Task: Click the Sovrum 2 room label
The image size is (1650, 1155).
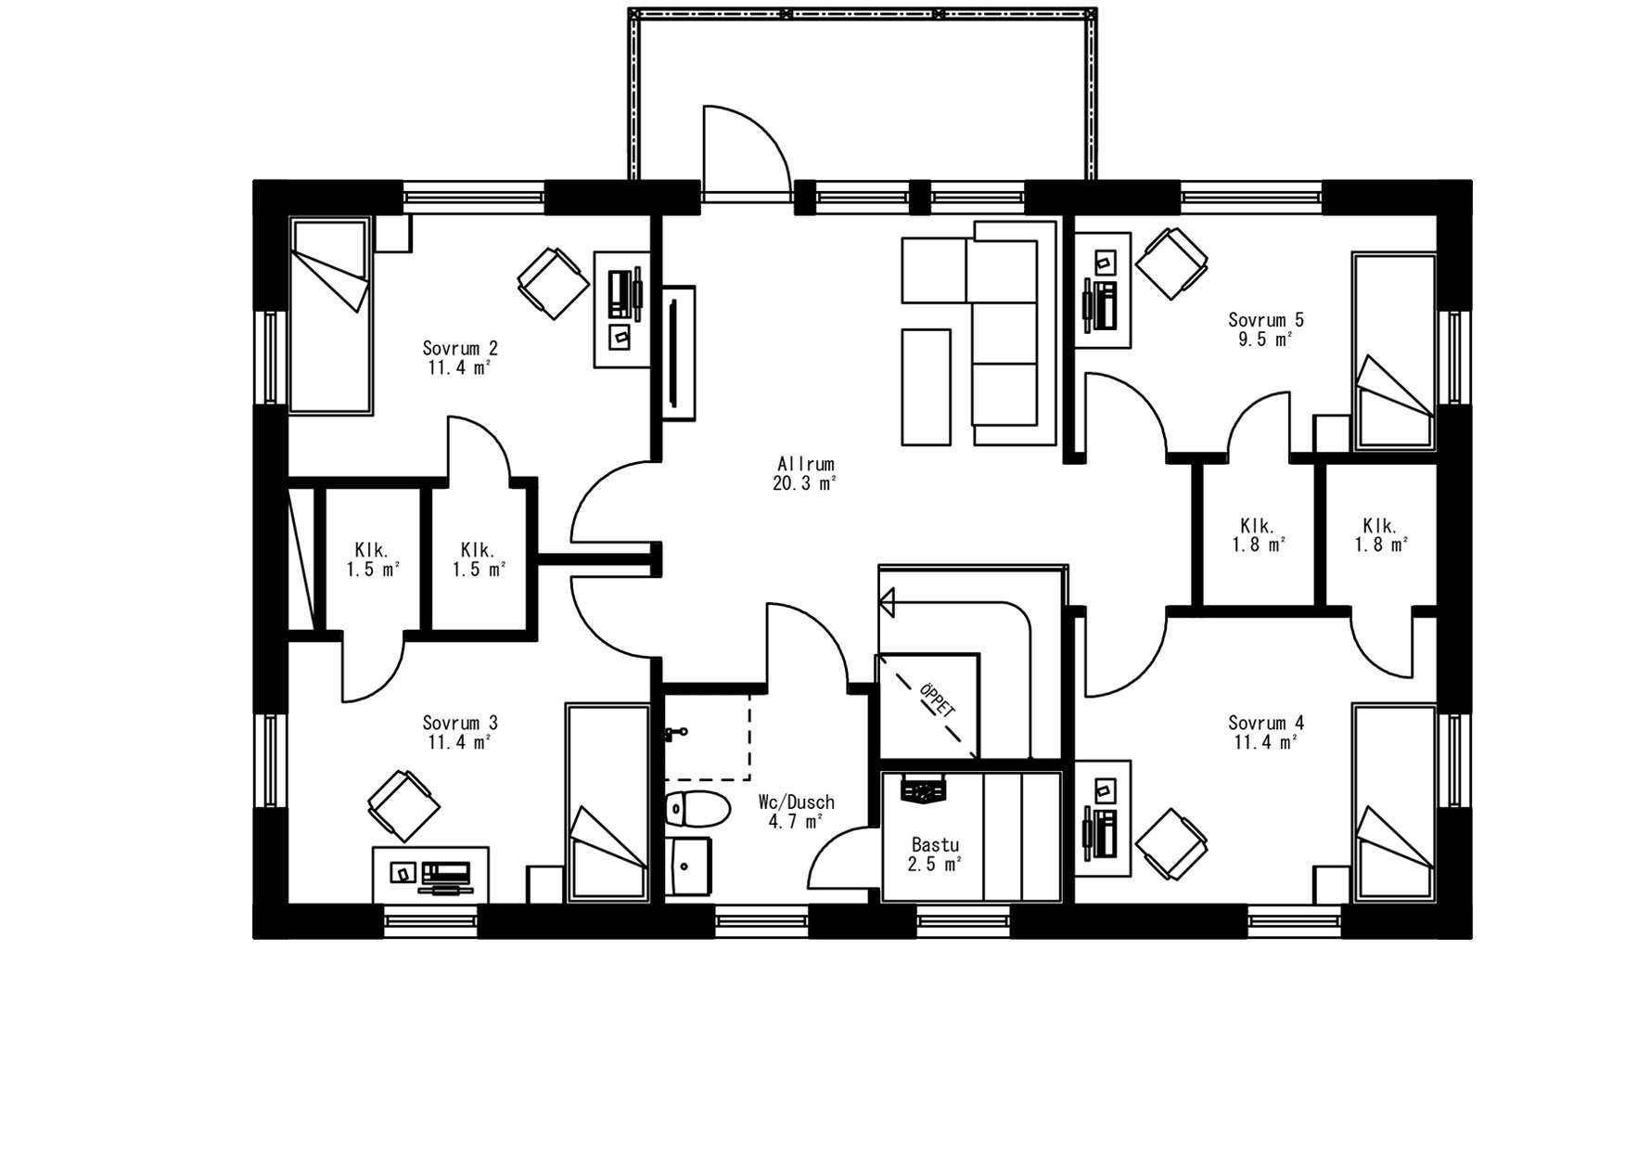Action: coord(460,349)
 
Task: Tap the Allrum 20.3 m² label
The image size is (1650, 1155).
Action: coord(805,473)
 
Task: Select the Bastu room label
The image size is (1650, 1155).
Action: coord(935,845)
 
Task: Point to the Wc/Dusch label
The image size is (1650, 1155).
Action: coord(796,802)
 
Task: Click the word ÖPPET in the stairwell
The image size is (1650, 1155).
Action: coord(936,699)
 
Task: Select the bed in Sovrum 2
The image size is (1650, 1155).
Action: coord(330,315)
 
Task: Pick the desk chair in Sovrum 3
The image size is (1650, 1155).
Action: coord(403,804)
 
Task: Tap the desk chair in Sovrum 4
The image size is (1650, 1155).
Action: coord(1172,843)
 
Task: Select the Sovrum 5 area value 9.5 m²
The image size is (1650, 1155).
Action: coord(1266,340)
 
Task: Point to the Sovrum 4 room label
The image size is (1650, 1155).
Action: coord(1266,723)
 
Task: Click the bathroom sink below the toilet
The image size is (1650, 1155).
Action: coord(687,866)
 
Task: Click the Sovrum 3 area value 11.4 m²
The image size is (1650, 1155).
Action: coord(460,742)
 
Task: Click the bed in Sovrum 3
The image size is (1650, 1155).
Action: coord(607,802)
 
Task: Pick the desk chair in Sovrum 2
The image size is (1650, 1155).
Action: coord(554,283)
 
